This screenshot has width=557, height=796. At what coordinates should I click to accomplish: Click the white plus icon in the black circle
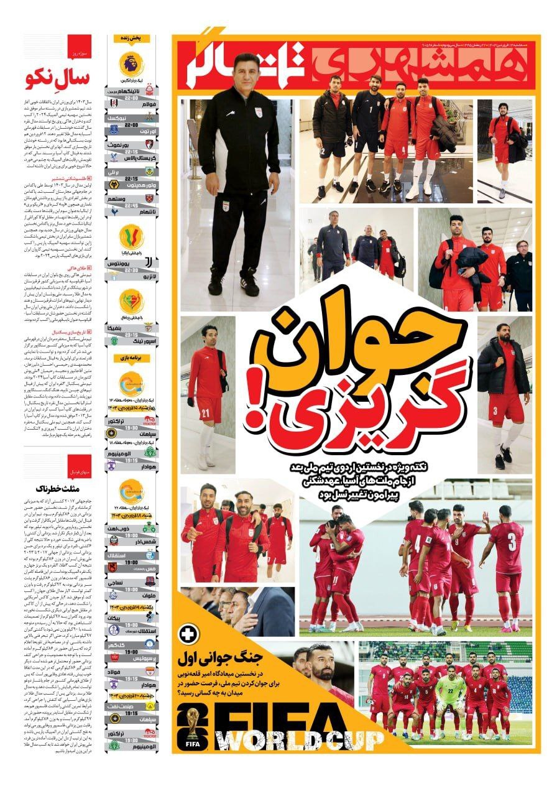(x=186, y=634)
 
